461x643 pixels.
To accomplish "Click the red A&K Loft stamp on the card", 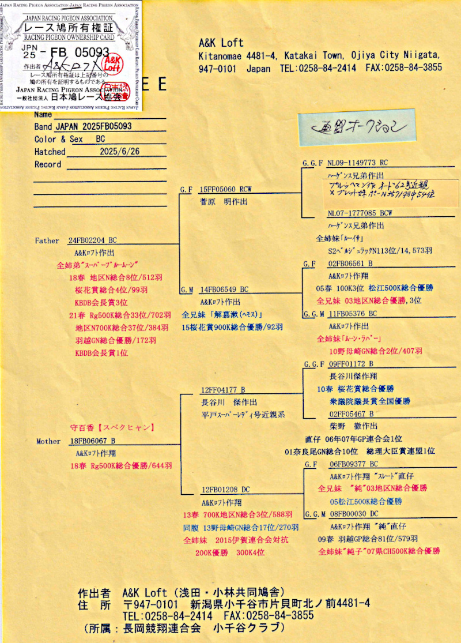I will click(112, 62).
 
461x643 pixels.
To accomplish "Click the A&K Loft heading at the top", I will click(221, 43).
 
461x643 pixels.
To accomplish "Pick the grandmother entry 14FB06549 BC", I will click(224, 289).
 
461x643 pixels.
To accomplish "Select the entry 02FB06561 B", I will click(350, 264).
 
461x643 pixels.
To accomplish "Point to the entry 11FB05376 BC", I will click(353, 314).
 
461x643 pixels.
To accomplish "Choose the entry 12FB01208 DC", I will click(225, 490).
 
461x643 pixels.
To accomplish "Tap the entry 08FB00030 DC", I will click(354, 514).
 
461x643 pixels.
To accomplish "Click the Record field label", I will click(48, 164).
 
